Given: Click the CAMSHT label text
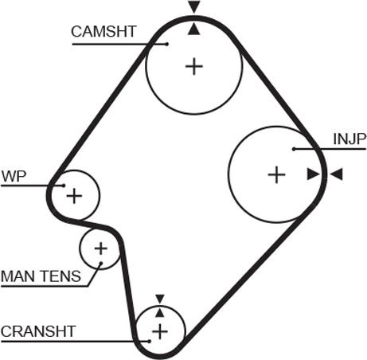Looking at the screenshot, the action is click(x=103, y=32).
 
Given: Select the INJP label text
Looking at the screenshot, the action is click(x=349, y=139).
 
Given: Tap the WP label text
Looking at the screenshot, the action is click(x=14, y=176).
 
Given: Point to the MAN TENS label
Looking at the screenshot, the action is click(x=41, y=276).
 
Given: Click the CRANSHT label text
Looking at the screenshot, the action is click(x=38, y=331).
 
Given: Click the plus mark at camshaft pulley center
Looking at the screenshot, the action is click(x=194, y=66).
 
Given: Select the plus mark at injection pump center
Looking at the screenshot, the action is click(x=276, y=174).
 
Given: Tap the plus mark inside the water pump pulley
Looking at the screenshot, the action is click(x=74, y=196).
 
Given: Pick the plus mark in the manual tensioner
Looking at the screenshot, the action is click(x=101, y=248).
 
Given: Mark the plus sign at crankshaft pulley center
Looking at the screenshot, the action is click(x=160, y=331).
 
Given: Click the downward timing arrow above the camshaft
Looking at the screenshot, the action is click(x=194, y=7).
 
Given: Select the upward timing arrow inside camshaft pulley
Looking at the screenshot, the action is click(x=194, y=29).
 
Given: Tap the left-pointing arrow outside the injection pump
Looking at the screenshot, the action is click(x=337, y=174).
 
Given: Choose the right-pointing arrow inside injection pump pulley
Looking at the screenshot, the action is click(x=314, y=174).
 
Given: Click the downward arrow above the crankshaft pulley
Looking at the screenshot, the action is click(x=160, y=299).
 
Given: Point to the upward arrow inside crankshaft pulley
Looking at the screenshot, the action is click(x=160, y=312).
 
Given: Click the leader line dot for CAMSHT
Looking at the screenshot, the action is click(x=166, y=44).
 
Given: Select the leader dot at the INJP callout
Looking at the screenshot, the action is click(x=294, y=149).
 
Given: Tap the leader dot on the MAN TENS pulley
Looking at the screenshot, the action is click(x=101, y=263).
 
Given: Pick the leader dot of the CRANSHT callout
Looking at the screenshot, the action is click(x=150, y=342).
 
